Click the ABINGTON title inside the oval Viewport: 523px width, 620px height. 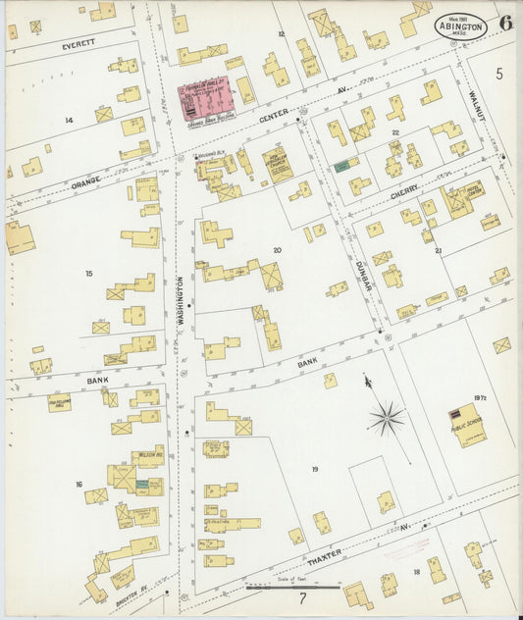pos(460,26)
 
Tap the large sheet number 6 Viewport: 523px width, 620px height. pos(504,23)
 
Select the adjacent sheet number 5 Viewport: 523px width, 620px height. pos(498,74)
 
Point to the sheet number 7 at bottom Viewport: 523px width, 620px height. pos(303,596)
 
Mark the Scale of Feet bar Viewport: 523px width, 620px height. pos(292,589)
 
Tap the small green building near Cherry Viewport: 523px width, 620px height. pos(341,166)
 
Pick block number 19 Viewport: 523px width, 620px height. pos(314,470)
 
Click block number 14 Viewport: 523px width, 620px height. pos(69,120)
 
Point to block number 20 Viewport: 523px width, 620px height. pos(277,250)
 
